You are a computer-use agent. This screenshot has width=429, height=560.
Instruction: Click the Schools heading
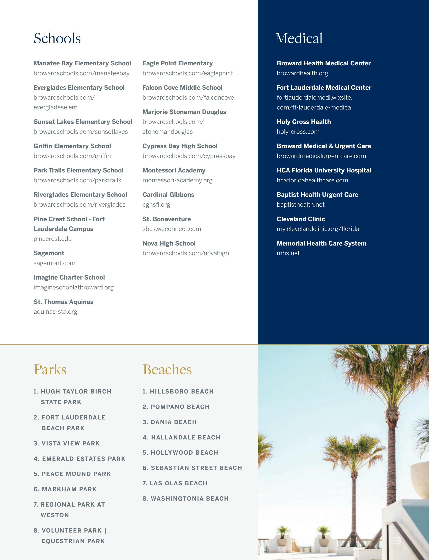coord(57,38)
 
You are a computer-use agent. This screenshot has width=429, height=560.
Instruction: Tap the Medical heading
coord(299,38)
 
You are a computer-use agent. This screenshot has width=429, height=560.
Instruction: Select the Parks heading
coord(50,369)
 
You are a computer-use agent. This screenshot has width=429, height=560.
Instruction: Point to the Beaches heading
coord(167,369)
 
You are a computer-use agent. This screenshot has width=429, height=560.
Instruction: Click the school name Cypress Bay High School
coord(180,146)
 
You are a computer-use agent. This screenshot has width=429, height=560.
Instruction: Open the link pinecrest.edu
coord(53,239)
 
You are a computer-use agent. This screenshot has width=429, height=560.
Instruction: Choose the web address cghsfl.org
coord(156,205)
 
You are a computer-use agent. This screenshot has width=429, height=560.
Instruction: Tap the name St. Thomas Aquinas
coord(63,302)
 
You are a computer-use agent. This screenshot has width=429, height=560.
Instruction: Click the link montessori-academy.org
coord(177,180)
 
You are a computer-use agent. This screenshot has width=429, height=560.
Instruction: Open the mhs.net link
coord(288,253)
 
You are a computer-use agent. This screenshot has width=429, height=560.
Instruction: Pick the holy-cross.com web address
coord(298,132)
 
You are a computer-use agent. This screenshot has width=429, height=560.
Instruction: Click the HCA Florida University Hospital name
coord(324,170)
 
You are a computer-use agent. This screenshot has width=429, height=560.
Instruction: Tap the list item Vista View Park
coord(67,443)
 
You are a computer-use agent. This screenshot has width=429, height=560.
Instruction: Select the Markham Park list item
coord(65,489)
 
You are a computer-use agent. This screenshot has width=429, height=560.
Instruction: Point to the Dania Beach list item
coord(170,422)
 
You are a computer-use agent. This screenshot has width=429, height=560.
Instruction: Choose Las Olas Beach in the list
coord(175,483)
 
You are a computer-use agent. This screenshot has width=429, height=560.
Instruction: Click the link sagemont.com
coord(54,263)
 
